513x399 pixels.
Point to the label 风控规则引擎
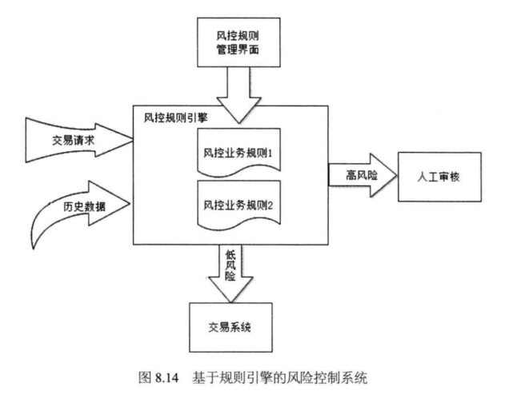[170, 117]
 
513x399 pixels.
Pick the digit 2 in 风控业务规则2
[271, 205]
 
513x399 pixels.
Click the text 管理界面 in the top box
[238, 52]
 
